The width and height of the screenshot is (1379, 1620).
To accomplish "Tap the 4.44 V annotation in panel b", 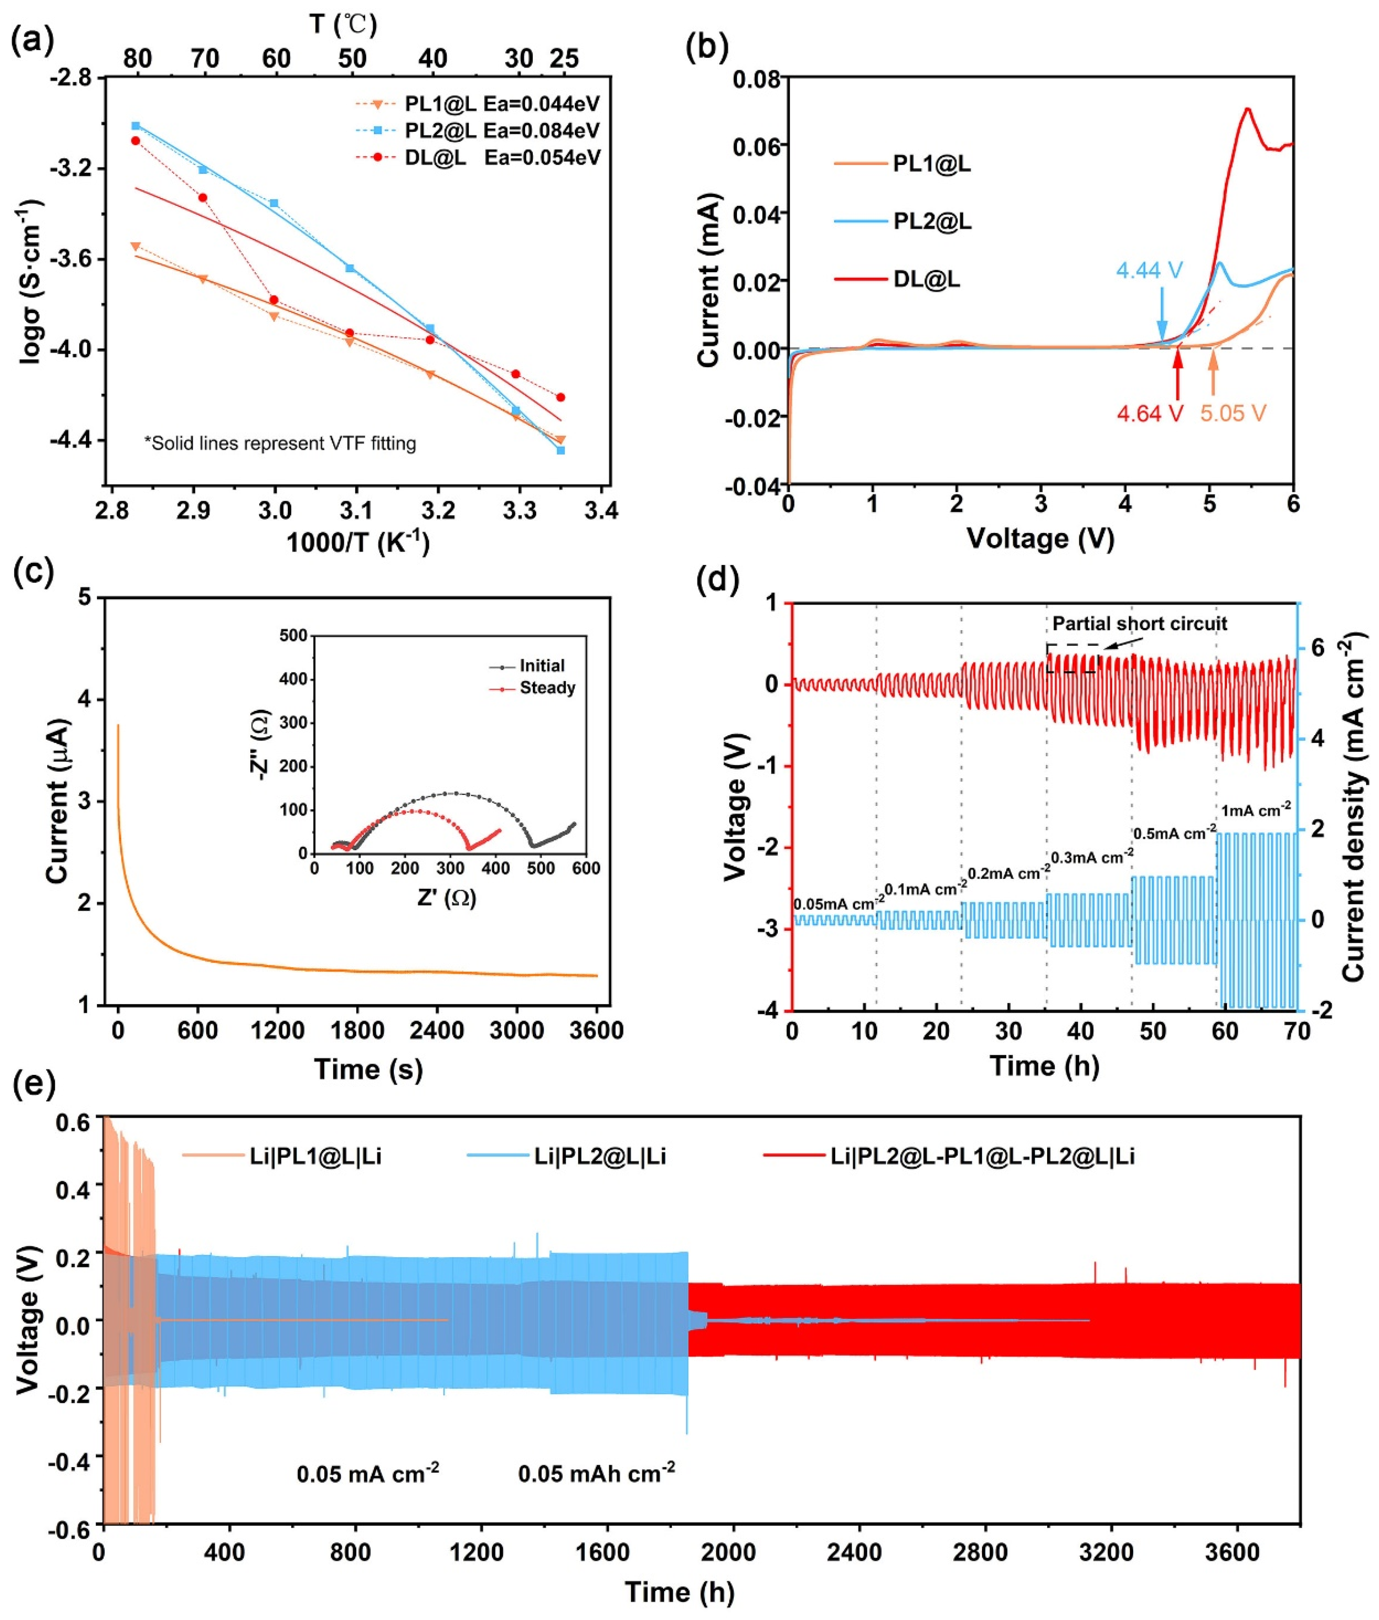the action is (x=1149, y=271).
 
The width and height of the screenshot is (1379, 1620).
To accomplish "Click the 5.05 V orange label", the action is (x=1233, y=413).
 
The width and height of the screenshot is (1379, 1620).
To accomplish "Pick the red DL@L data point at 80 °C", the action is (x=135, y=141).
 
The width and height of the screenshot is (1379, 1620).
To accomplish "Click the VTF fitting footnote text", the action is (x=280, y=443).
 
